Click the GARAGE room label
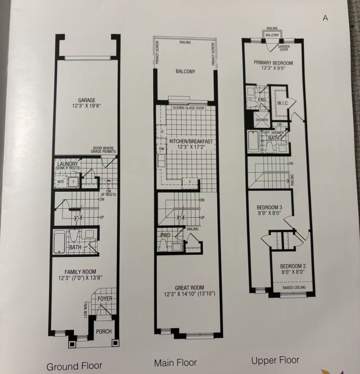coord(87,100)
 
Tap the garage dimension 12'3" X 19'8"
coord(87,106)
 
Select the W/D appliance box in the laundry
coord(61,182)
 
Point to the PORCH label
coord(104,331)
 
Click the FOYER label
coord(105,299)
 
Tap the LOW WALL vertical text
coord(85,309)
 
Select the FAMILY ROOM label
coord(80,272)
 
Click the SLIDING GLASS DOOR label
coord(188,108)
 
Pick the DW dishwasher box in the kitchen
coord(162,148)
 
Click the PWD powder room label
coord(165,235)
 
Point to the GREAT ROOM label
coord(189,288)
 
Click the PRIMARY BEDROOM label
coord(273,63)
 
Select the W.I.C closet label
coord(282,103)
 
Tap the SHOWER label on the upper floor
coord(261,120)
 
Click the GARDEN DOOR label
coord(284,48)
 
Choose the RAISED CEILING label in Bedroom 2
coord(294,288)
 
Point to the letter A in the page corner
coord(325,18)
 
